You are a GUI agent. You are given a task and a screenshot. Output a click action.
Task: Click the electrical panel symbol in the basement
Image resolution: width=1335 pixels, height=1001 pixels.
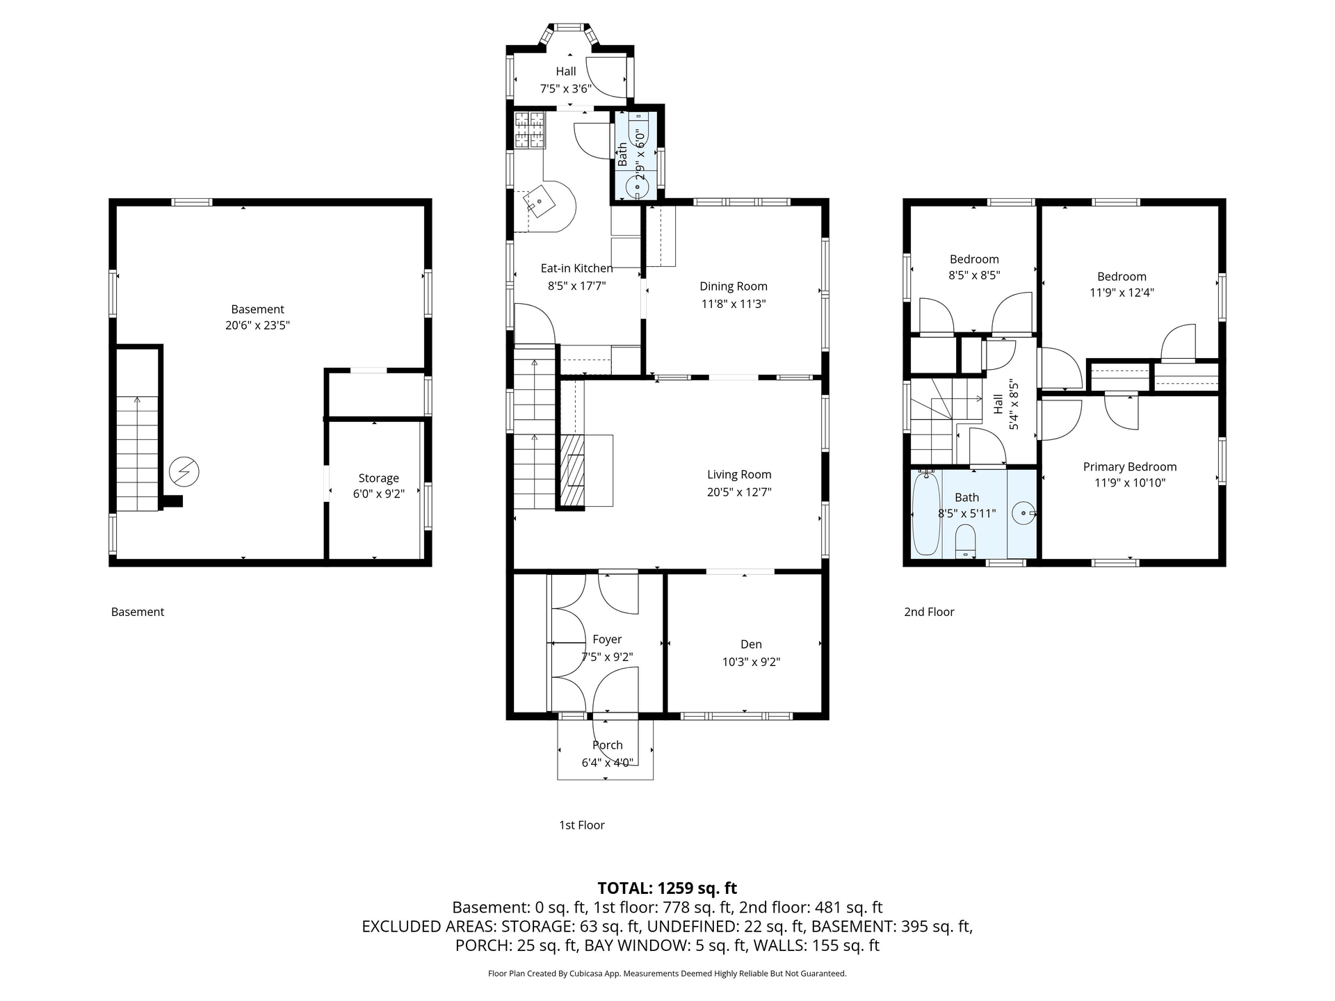(184, 472)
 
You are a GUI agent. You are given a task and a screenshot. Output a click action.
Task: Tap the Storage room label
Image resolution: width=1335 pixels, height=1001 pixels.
(378, 478)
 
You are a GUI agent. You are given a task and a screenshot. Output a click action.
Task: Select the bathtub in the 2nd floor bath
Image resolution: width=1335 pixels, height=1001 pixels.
(925, 514)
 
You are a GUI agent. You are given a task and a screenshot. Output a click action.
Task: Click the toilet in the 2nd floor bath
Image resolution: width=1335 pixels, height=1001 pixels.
(966, 542)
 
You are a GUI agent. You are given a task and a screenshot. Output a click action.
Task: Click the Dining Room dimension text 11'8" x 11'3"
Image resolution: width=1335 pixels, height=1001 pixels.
(734, 304)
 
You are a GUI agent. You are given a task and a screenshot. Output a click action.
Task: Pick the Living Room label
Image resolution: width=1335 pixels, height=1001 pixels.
(739, 474)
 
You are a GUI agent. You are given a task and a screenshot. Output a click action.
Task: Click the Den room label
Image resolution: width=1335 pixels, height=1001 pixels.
(751, 644)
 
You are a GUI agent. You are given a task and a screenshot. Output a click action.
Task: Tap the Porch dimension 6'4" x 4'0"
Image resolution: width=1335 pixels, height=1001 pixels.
(607, 763)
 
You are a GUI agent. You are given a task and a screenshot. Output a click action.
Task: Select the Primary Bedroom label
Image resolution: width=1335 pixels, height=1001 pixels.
(1130, 466)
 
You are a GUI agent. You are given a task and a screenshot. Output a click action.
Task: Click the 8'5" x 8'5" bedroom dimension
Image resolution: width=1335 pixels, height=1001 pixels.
(974, 275)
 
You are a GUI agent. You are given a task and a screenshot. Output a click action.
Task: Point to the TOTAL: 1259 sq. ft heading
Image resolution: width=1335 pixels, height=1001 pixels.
(667, 888)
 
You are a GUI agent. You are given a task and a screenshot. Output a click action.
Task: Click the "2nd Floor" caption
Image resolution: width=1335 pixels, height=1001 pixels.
(929, 612)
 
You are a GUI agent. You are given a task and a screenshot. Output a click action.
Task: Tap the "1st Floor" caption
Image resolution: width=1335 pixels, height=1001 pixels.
(582, 825)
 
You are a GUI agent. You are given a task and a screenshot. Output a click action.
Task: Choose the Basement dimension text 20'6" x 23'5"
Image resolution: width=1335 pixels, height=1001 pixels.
(257, 325)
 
